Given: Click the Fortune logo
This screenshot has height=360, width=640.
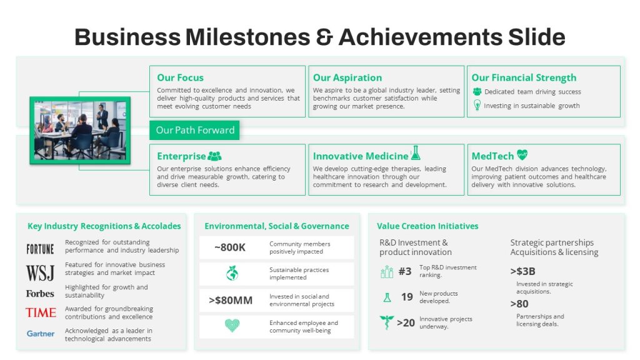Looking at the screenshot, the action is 40,249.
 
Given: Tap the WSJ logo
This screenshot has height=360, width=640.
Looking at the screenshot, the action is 40,272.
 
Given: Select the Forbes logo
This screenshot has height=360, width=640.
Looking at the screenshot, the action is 40,294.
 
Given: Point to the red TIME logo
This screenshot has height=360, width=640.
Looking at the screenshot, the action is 41,312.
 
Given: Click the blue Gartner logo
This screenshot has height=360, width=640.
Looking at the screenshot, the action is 41,334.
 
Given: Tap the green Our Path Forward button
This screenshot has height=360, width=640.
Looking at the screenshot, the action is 194,130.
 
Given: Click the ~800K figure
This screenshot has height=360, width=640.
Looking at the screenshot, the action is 230,247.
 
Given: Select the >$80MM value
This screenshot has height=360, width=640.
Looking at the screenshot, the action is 231,301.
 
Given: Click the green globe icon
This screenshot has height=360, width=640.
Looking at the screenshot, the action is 232,273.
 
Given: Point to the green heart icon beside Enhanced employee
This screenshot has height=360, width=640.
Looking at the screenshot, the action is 232,325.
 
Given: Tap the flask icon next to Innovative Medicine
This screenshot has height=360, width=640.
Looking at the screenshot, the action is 416,153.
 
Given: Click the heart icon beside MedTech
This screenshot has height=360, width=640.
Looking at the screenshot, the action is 522,155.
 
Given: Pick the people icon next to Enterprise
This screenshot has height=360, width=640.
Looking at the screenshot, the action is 215,156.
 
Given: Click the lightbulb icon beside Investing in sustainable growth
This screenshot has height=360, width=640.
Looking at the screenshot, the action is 477,105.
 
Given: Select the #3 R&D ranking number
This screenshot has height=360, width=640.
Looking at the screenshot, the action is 405,271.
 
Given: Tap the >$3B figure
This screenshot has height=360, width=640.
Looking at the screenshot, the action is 523,271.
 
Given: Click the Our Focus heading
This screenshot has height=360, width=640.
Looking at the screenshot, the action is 180,77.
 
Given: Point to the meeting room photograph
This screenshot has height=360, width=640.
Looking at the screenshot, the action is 80,131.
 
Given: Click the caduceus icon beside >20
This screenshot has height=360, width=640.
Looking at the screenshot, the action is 386,322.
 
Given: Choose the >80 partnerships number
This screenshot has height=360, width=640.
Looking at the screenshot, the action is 519,304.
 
